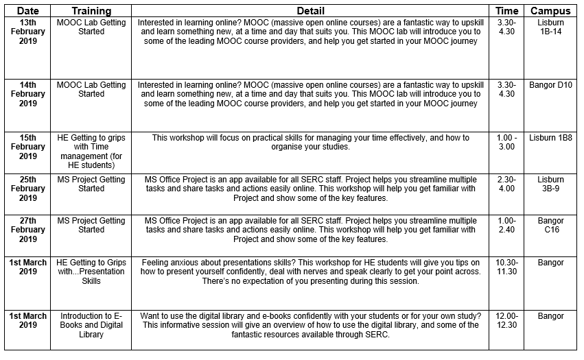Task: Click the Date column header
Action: pos(27,11)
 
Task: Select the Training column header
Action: pos(91,11)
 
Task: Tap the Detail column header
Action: pos(310,11)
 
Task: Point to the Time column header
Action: pos(506,11)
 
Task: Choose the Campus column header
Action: pos(550,11)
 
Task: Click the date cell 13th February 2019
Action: pos(27,32)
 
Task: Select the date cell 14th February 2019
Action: pos(27,94)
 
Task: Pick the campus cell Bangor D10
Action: pos(550,85)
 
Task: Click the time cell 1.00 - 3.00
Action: pos(506,142)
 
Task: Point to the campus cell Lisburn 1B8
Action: pos(550,138)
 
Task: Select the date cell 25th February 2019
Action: pos(27,189)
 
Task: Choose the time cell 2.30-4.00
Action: pos(506,184)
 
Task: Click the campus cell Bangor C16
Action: pos(550,226)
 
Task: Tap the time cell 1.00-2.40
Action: pos(506,226)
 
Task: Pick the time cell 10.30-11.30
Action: pos(506,267)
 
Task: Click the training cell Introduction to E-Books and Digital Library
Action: pos(91,325)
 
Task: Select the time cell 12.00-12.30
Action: pos(506,320)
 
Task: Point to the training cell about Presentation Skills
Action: pos(91,272)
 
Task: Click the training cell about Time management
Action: pos(91,151)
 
